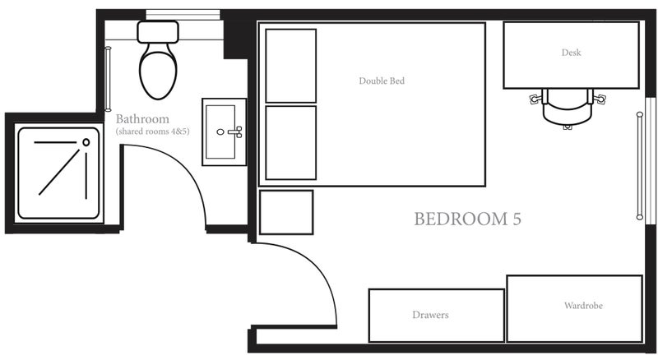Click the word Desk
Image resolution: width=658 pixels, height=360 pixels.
[571, 53]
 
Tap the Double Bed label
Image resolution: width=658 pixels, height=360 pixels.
[382, 81]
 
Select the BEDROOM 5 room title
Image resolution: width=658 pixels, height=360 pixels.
[467, 219]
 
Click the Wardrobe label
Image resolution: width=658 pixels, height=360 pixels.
[583, 306]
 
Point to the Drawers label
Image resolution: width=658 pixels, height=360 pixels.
[430, 315]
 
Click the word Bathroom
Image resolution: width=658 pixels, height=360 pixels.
[142, 118]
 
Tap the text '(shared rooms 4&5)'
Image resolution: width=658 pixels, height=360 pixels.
[152, 132]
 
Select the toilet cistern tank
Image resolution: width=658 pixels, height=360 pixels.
[158, 32]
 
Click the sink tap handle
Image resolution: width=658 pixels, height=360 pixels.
[236, 132]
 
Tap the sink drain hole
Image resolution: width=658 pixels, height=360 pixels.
[220, 132]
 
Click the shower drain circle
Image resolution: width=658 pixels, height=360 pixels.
[86, 142]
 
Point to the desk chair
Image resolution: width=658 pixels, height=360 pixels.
[568, 108]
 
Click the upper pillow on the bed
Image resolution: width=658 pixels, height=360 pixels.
[291, 66]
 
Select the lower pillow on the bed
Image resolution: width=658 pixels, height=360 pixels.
[291, 143]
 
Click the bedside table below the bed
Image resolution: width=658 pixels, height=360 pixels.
[286, 212]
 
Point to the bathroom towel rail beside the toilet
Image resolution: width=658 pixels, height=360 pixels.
[108, 79]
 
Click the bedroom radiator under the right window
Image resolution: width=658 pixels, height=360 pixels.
[640, 166]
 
